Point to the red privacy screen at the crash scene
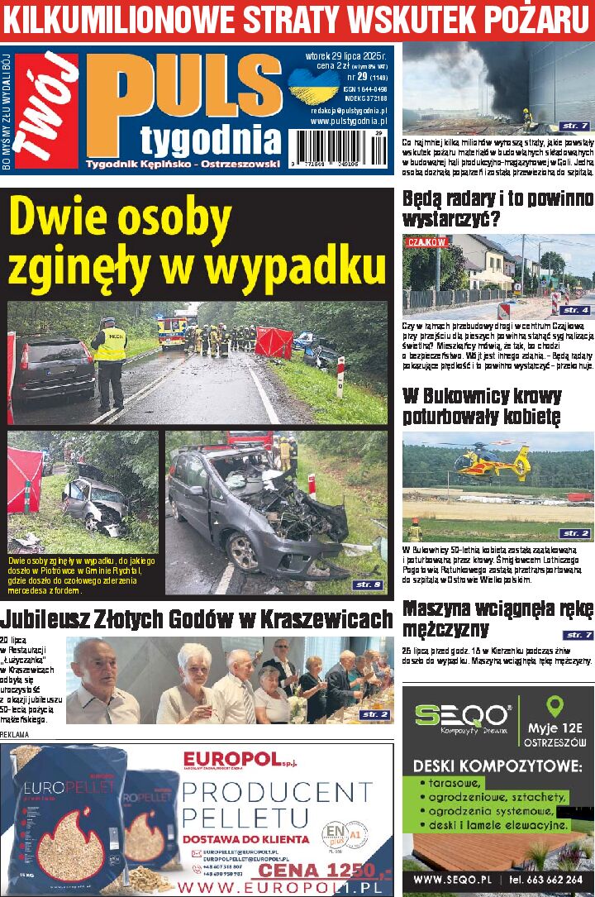pos(274,342)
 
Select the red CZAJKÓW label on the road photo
pos(426,242)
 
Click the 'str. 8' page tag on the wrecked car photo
pos(367,584)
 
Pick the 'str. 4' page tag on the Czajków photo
pos(574,310)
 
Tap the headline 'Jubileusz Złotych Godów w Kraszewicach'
pos(197,619)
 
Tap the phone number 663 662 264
pos(551,880)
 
